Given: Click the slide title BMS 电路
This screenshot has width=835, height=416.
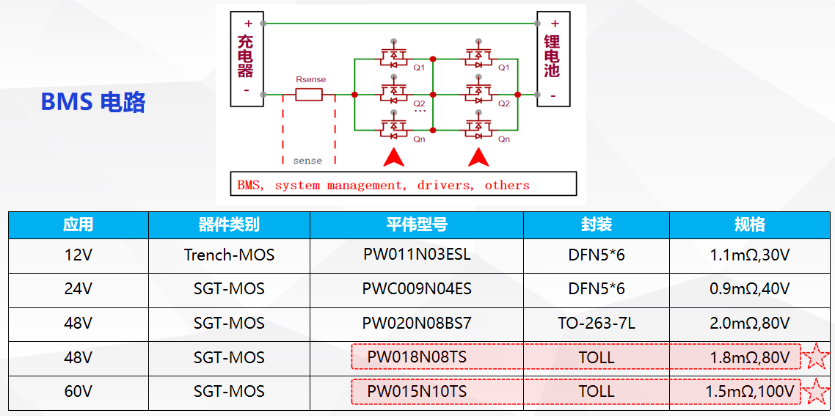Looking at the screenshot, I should [93, 102].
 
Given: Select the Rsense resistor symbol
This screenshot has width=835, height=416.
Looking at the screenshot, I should [309, 95].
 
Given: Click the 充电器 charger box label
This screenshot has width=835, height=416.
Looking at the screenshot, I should [245, 56].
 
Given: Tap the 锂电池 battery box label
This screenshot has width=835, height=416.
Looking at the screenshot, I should [552, 56].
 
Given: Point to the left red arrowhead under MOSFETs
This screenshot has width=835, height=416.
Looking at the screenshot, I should [394, 156].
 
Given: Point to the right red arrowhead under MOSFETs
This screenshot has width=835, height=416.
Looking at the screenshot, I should [479, 156].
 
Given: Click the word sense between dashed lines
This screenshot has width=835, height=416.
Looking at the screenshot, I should [307, 160].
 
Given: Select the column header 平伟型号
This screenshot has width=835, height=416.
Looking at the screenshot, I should [417, 225].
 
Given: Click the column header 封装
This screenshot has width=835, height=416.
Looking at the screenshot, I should [597, 225].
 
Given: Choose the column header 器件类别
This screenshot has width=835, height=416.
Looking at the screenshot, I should [229, 225].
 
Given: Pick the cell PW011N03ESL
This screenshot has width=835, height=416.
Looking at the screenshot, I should [417, 255].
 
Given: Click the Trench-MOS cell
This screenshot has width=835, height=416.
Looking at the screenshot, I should [229, 255].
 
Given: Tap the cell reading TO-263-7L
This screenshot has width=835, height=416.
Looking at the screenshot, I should [597, 324].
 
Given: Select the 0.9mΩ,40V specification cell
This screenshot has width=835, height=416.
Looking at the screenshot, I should [750, 289].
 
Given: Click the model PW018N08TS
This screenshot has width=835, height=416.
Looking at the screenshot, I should [417, 357].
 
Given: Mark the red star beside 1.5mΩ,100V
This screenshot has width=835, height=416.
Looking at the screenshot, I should [816, 392].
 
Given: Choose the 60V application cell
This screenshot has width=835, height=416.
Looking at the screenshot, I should [78, 392].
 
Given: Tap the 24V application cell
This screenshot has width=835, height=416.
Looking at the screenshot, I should [78, 289].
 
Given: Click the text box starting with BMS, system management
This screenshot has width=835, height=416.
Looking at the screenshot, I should [403, 185].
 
